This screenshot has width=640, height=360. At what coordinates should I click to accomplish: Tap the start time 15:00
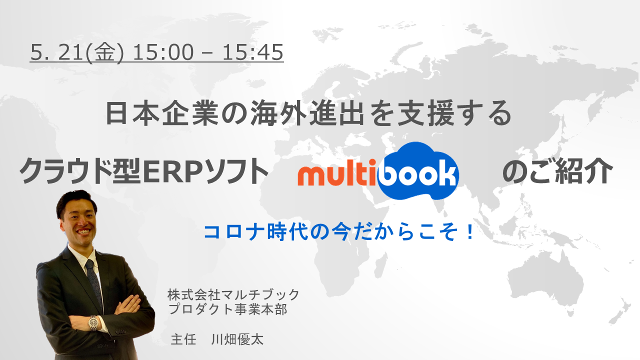click(163, 52)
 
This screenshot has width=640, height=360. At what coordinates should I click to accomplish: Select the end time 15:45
click(253, 52)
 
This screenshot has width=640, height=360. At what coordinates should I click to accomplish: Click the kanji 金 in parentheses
click(105, 52)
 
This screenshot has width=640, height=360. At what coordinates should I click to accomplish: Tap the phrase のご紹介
click(557, 171)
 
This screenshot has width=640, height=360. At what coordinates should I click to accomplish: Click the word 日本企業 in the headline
click(162, 113)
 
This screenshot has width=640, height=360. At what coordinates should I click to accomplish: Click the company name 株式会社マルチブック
click(233, 295)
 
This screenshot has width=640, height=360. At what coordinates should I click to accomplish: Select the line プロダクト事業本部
click(227, 309)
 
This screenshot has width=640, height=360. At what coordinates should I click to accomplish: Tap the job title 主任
click(183, 339)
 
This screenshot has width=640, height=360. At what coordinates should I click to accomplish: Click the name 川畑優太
click(237, 339)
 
